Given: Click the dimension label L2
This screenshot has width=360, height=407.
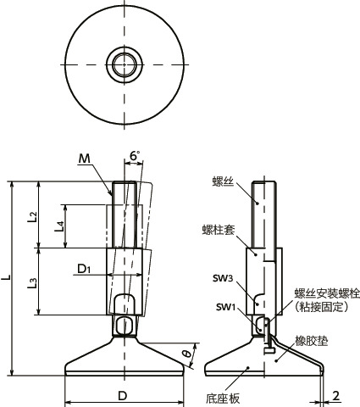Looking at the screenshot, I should tap(31, 216).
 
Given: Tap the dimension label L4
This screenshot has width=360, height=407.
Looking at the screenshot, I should tap(58, 226).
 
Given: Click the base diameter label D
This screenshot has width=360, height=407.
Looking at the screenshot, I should tap(122, 396).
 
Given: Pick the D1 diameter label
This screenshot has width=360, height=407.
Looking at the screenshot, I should tap(83, 270).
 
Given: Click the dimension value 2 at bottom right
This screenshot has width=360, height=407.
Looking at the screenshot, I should tap(336, 395).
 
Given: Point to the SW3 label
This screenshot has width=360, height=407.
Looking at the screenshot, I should tap(224, 277).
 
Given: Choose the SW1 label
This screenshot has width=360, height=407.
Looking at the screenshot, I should tap(224, 306).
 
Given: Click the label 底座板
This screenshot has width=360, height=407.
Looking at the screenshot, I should tap(222, 396).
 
